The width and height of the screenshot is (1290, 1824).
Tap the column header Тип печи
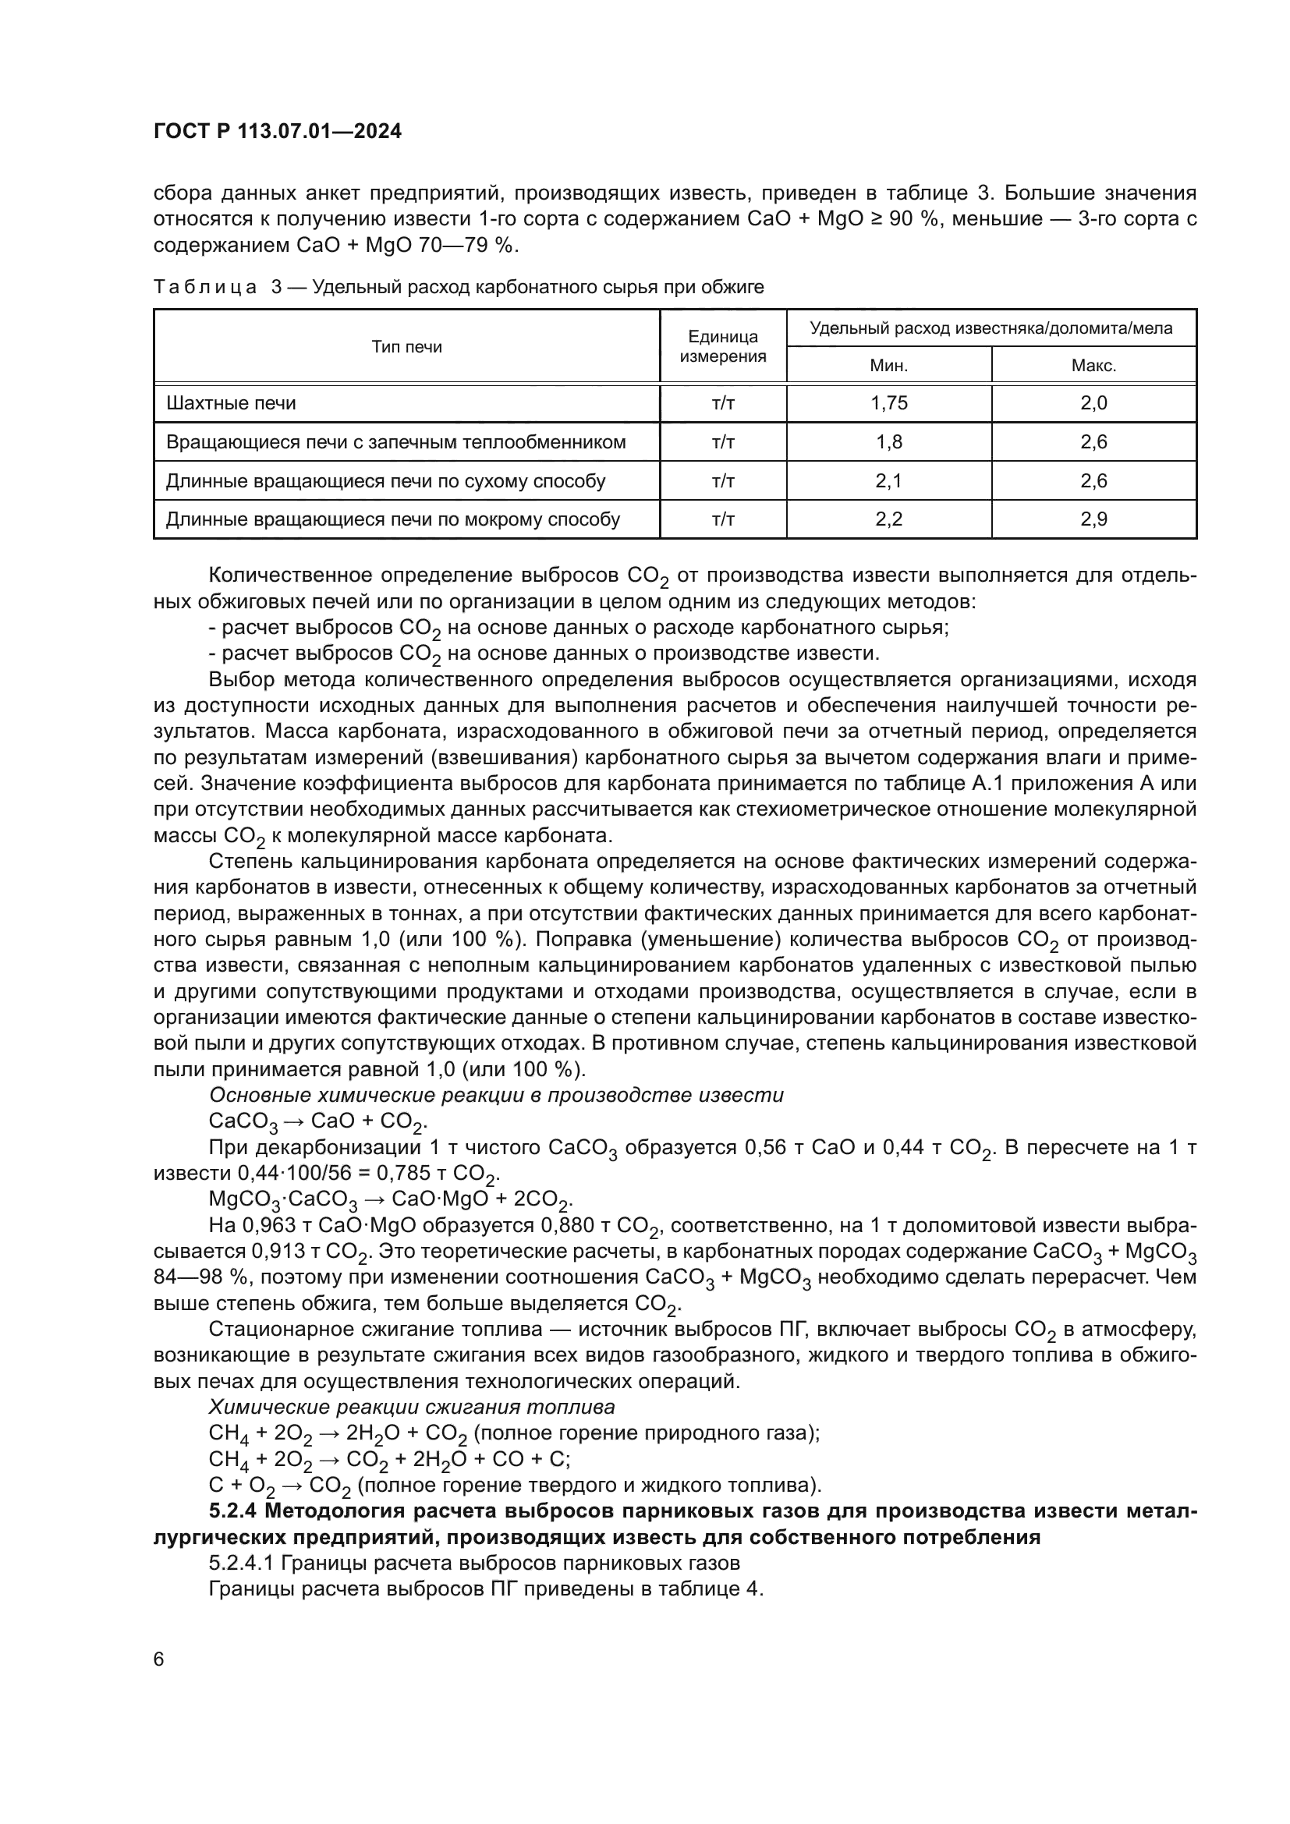[406, 347]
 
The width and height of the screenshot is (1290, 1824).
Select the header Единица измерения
[723, 346]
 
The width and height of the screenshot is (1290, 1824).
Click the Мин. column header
[889, 366]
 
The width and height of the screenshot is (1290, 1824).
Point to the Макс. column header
[1093, 366]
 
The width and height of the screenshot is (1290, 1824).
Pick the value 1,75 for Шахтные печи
[889, 402]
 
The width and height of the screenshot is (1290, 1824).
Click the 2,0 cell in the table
[1093, 402]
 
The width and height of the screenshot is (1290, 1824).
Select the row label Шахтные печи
[231, 402]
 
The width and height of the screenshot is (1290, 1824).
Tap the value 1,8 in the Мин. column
[889, 441]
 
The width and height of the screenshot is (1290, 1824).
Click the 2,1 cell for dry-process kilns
[889, 480]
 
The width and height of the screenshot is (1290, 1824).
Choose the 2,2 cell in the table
[889, 519]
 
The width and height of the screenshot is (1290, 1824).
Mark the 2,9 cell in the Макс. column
[1093, 519]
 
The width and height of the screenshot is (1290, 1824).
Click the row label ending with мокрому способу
[393, 519]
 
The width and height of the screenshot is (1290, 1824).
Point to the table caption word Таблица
[205, 288]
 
